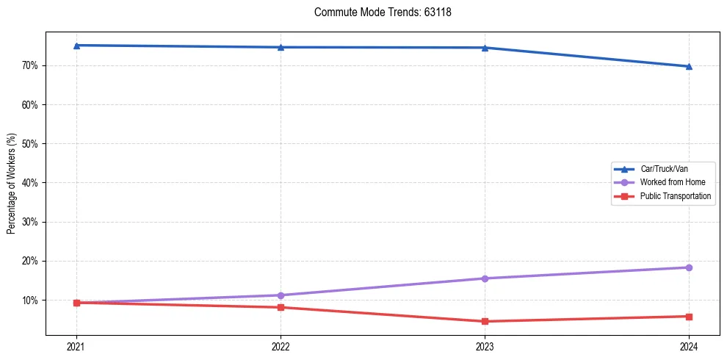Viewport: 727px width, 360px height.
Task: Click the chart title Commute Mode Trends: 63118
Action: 377,12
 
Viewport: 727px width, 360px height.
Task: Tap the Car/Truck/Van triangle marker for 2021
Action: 76,46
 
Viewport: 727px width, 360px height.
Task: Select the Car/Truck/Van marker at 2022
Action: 281,47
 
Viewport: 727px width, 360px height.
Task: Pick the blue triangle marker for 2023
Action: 485,48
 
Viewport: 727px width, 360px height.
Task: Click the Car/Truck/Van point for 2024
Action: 689,66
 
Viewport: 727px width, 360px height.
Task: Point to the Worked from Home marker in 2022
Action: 281,295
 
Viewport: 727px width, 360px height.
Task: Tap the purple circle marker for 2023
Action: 485,278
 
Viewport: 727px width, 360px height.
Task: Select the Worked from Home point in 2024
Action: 689,267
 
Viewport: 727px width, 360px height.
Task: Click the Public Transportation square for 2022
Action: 281,307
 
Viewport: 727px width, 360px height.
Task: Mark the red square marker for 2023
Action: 485,321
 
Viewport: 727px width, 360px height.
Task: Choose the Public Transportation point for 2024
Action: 689,317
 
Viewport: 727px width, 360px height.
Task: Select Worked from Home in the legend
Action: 672,182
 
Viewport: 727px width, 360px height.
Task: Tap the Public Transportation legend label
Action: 675,196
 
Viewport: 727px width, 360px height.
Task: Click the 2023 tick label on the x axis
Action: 485,347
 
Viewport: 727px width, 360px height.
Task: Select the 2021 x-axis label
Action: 76,347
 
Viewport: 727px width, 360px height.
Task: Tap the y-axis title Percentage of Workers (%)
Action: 11,184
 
